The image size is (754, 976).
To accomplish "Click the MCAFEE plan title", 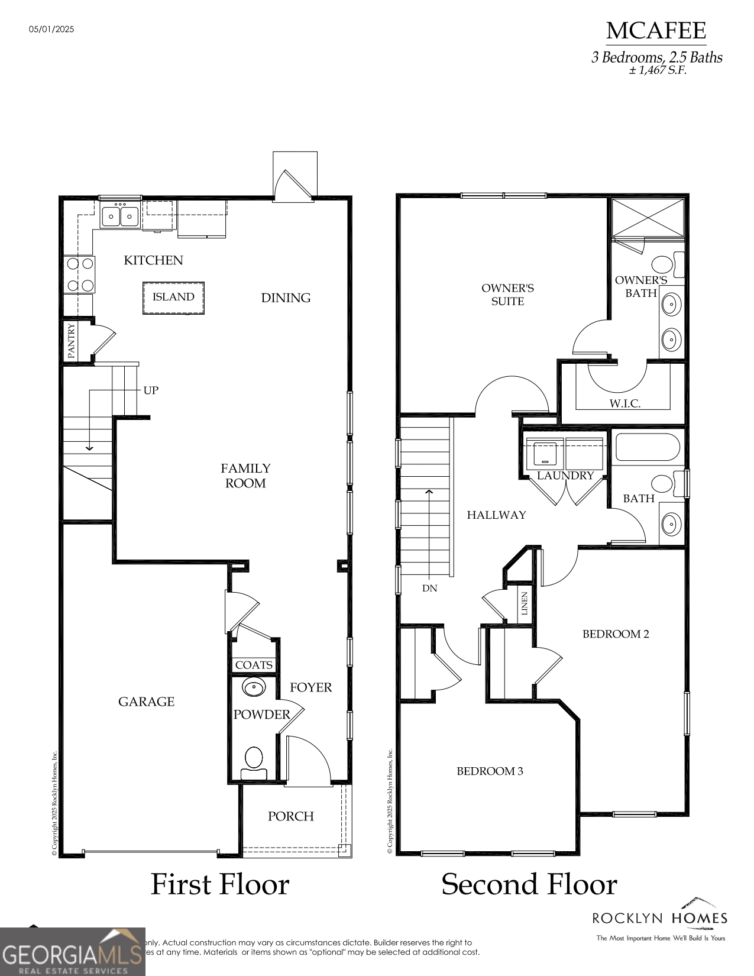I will click(x=656, y=31).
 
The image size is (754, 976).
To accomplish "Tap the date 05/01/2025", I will click(x=51, y=29).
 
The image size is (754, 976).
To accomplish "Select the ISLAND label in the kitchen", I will click(x=173, y=297).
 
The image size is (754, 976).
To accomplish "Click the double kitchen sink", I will click(x=120, y=216).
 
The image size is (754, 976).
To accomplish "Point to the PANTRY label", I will click(x=72, y=341).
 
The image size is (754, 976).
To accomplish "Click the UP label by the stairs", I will click(x=151, y=390).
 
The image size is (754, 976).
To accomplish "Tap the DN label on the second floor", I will click(x=430, y=589).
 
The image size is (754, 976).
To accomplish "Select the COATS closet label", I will click(x=254, y=665).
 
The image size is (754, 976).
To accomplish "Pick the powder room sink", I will click(x=254, y=687).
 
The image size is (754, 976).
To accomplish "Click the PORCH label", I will click(x=290, y=816).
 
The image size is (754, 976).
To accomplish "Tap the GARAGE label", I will click(x=146, y=702).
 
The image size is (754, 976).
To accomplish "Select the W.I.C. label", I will click(x=624, y=403).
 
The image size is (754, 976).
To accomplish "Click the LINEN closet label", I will click(x=525, y=603).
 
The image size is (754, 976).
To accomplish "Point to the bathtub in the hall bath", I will click(x=648, y=447).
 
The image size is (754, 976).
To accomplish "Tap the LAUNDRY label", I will click(x=565, y=476).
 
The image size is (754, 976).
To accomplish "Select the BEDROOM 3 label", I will click(x=490, y=771).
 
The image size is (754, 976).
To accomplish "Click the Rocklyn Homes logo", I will click(x=660, y=920).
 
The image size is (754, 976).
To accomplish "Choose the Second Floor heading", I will click(x=529, y=885).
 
